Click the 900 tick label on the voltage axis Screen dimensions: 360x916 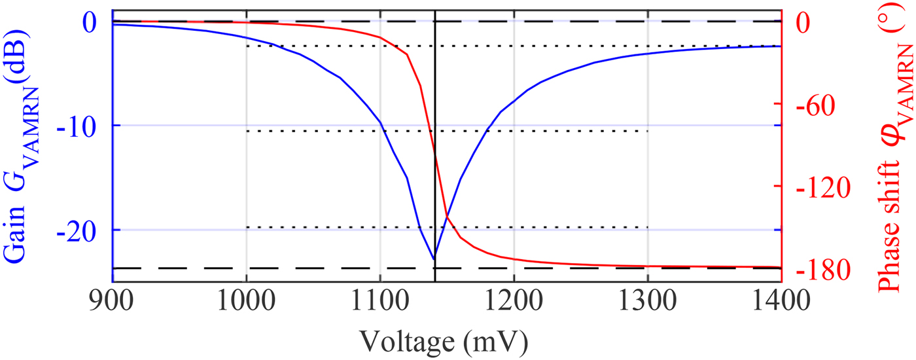[x=113, y=302]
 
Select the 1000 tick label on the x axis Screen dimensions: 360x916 [x=246, y=302]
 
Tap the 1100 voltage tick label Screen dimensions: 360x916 [x=380, y=302]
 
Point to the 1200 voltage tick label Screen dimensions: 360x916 [x=514, y=302]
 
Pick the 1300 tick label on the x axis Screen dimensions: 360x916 [x=648, y=302]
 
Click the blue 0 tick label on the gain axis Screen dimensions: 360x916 [x=90, y=22]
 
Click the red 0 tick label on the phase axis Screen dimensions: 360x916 [x=806, y=22]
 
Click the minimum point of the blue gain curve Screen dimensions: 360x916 [x=434, y=259]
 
